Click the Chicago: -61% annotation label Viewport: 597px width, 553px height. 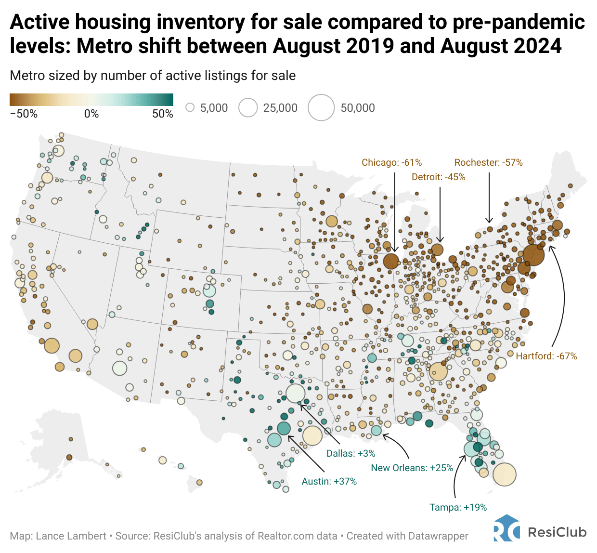pyautogui.click(x=391, y=162)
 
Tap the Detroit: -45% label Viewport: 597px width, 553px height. pyautogui.click(x=438, y=177)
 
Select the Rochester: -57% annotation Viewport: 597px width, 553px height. pyautogui.click(x=488, y=162)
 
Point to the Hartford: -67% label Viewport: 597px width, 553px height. pyautogui.click(x=546, y=356)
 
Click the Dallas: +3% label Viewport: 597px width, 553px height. pyautogui.click(x=350, y=453)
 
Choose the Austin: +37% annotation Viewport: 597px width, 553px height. pyautogui.click(x=329, y=481)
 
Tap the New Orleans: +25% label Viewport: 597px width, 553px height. pyautogui.click(x=412, y=468)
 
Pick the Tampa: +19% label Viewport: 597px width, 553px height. pyautogui.click(x=458, y=507)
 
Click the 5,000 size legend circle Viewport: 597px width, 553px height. pyautogui.click(x=190, y=107)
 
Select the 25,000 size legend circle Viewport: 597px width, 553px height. pyautogui.click(x=248, y=107)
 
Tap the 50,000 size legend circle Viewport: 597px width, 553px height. pyautogui.click(x=321, y=107)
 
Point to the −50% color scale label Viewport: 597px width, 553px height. pyautogui.click(x=24, y=114)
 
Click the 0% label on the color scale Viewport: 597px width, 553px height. pyautogui.click(x=91, y=114)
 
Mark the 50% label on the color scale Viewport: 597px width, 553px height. pyautogui.click(x=163, y=114)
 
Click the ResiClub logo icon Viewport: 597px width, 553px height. pyautogui.click(x=506, y=529)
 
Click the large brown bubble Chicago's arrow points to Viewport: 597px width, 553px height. pyautogui.click(x=391, y=261)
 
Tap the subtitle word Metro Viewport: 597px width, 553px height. pyautogui.click(x=26, y=76)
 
